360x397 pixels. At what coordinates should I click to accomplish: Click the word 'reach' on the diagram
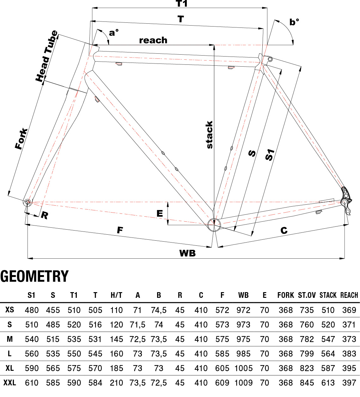point(153,40)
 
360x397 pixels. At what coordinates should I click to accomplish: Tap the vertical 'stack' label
point(209,135)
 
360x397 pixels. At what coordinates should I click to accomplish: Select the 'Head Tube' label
point(46,56)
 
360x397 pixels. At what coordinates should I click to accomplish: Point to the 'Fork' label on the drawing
point(21,139)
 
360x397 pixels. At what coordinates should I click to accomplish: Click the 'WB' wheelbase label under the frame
point(187,253)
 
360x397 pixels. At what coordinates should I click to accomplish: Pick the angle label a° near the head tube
point(113,33)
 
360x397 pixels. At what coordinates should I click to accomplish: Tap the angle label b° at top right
point(294,22)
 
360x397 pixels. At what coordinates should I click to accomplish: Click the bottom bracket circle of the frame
point(214,224)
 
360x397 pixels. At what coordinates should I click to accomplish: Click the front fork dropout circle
point(27,202)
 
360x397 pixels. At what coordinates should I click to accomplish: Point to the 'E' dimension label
point(160,214)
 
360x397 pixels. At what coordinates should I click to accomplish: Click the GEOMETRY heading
point(34,276)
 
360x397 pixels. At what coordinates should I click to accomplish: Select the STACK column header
point(328,295)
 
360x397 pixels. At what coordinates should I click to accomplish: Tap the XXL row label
point(9,383)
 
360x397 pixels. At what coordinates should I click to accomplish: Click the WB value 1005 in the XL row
point(243,368)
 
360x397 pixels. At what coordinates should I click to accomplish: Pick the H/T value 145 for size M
point(116,339)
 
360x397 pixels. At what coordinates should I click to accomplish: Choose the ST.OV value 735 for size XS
point(307,310)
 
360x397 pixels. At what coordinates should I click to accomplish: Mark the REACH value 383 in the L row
point(349,354)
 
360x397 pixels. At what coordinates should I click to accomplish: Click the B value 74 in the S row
point(159,325)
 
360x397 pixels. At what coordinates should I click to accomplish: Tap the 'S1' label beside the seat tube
point(269,155)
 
